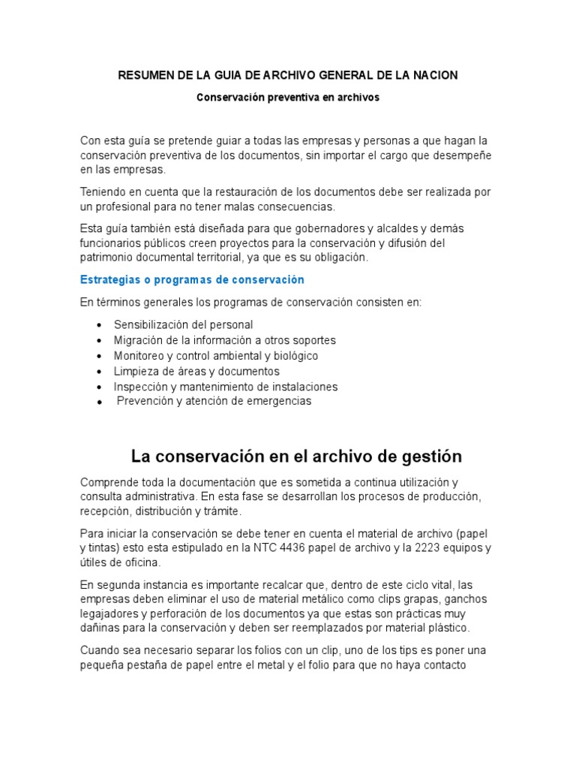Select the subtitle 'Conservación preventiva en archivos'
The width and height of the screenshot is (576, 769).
pyautogui.click(x=288, y=98)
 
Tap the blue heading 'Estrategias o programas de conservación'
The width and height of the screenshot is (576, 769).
pyautogui.click(x=192, y=279)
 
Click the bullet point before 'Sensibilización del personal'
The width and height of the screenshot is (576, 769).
pyautogui.click(x=99, y=325)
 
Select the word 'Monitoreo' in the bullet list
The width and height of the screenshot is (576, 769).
pyautogui.click(x=139, y=355)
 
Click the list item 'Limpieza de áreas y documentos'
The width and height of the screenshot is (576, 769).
pyautogui.click(x=196, y=371)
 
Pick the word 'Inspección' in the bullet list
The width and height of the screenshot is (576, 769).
pyautogui.click(x=139, y=387)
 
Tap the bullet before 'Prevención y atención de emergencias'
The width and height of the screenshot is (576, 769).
pyautogui.click(x=99, y=403)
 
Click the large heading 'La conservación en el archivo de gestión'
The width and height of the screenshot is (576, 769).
pyautogui.click(x=296, y=457)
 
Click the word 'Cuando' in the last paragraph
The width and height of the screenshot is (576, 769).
pyautogui.click(x=99, y=650)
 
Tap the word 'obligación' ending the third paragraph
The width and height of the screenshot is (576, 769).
pyautogui.click(x=342, y=257)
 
